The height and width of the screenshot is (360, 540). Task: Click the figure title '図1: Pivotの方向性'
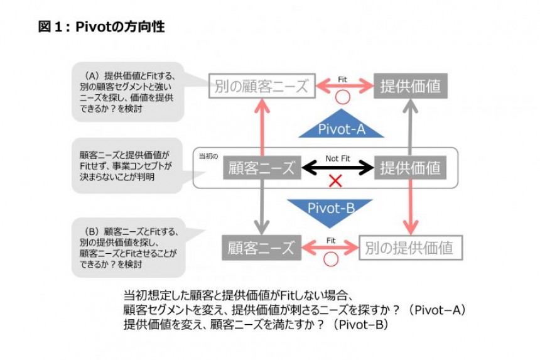[x=101, y=27]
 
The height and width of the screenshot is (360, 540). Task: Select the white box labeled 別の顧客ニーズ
[x=261, y=86]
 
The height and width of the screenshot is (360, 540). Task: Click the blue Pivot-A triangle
[x=340, y=128]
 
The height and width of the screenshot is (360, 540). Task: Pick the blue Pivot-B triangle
[x=331, y=208]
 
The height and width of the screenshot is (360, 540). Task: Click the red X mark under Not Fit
[x=335, y=182]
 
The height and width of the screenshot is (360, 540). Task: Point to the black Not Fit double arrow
[x=337, y=168]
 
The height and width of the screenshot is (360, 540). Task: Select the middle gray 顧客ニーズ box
[x=261, y=168]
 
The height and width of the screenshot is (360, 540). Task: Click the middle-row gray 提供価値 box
[x=410, y=168]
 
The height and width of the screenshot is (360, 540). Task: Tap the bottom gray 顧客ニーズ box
[x=261, y=247]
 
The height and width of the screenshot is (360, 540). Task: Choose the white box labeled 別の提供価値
[x=410, y=247]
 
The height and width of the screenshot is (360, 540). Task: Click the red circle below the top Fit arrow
[x=342, y=98]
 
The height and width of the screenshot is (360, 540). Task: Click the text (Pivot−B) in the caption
[x=360, y=325]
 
